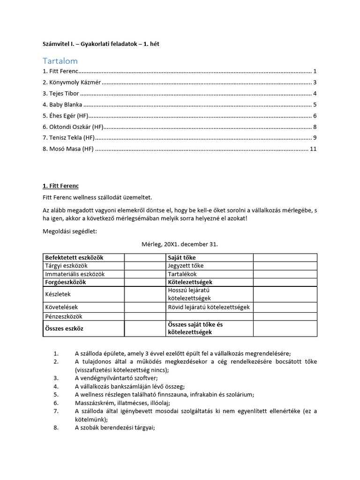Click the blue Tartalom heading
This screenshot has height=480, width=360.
point(60,61)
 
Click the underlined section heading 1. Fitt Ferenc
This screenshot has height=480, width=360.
point(60,186)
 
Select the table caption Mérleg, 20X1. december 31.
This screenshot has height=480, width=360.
point(180,244)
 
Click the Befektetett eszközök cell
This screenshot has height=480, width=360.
point(74,258)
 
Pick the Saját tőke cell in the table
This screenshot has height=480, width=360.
point(182,258)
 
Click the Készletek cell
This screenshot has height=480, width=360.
point(58,294)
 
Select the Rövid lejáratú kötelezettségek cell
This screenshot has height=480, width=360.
point(209,307)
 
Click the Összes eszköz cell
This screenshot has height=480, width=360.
point(64,329)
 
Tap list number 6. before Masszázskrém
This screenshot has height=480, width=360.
point(56,403)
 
